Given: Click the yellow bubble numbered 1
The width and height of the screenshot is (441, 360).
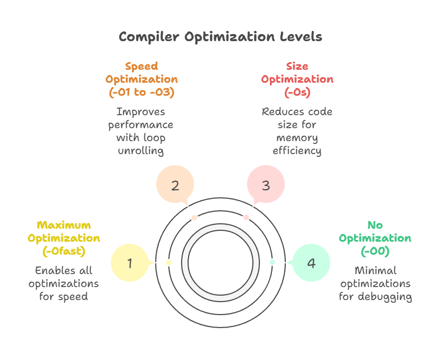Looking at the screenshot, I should click(130, 263).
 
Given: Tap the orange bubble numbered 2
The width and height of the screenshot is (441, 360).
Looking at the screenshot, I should click(175, 185).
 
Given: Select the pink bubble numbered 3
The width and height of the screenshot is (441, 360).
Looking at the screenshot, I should click(265, 185).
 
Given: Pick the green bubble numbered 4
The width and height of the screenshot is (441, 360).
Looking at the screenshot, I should click(311, 263).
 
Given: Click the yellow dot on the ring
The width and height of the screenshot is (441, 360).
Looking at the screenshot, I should click(169, 262).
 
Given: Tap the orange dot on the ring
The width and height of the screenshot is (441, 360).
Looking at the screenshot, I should click(194, 217).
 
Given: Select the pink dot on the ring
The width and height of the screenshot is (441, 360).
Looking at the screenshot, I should click(246, 217).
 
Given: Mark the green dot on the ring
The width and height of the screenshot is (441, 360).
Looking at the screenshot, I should click(272, 262).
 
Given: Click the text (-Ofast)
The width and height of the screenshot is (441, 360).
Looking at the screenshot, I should click(64, 251).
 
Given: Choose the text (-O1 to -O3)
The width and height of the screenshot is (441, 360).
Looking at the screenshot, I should click(142, 92).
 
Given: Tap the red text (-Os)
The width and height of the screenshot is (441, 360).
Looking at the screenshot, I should click(297, 92).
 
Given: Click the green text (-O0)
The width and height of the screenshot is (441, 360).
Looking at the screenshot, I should click(375, 251).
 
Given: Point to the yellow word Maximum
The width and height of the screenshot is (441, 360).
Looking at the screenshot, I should click(64, 225).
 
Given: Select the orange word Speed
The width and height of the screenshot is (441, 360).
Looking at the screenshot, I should click(142, 66).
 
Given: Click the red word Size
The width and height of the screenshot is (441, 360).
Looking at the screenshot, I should click(297, 66).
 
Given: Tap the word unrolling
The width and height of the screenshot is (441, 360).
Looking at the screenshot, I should click(141, 151).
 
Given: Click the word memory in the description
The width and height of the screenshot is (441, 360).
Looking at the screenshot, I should click(297, 138).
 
